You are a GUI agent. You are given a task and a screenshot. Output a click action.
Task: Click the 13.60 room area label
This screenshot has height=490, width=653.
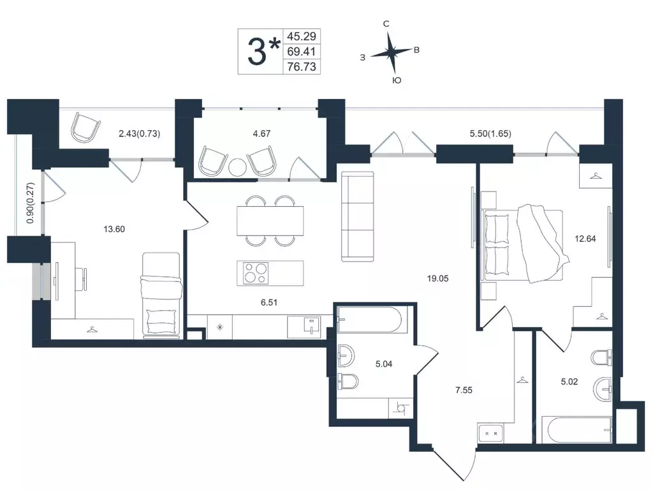pyautogui.click(x=114, y=229)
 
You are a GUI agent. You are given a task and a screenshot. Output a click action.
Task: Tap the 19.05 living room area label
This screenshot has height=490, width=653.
pyautogui.click(x=437, y=278)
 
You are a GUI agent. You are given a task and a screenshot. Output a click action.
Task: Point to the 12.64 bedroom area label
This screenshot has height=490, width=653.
pyautogui.click(x=585, y=239)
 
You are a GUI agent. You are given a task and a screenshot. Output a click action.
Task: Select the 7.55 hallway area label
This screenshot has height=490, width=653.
pyautogui.click(x=464, y=390)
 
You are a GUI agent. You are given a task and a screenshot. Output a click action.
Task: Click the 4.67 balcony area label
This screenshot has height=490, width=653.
pyautogui.click(x=261, y=134)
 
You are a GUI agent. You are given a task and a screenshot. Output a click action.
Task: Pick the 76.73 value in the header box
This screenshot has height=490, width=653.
pyautogui.click(x=302, y=66)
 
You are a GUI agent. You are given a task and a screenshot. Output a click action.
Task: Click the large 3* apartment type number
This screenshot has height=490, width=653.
pyautogui.click(x=263, y=51)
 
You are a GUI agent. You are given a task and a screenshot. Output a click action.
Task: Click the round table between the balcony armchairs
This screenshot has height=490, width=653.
pyautogui.click(x=238, y=167)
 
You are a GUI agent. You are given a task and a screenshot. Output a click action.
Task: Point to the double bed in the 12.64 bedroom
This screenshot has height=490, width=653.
pyautogui.click(x=525, y=245)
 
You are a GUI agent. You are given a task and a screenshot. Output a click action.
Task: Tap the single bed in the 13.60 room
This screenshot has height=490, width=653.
pyautogui.click(x=161, y=295)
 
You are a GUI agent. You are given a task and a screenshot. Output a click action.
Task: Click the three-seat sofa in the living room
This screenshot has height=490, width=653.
pyautogui.click(x=357, y=217)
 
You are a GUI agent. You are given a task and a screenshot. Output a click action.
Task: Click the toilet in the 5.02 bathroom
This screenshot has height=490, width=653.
pyautogui.click(x=601, y=357)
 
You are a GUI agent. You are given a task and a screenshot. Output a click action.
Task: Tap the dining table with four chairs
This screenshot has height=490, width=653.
pyautogui.click(x=270, y=221)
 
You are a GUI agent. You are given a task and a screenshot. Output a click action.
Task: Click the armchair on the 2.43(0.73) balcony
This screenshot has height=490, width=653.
pyautogui.click(x=85, y=127)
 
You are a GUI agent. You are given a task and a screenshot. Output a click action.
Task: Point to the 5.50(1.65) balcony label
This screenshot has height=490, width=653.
pyautogui.click(x=490, y=134)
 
